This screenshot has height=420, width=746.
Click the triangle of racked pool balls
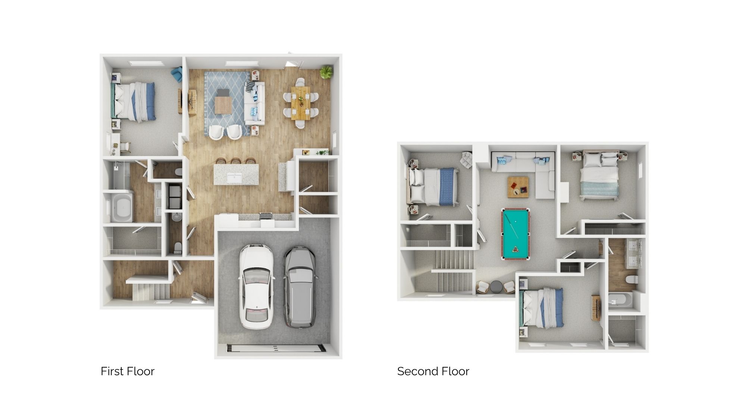coord(516,249)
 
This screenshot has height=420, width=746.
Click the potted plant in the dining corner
coord(326,72)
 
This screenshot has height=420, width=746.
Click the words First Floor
coord(128,371)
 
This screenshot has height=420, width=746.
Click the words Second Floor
coord(433,371)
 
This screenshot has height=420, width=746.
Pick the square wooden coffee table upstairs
coord(518,187)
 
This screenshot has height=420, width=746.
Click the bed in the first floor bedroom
coord(133,102)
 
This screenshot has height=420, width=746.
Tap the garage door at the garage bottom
coord(276,348)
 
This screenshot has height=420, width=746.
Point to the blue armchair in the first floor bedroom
coord(176,75)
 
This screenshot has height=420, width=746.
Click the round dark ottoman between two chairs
coord(496,287)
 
